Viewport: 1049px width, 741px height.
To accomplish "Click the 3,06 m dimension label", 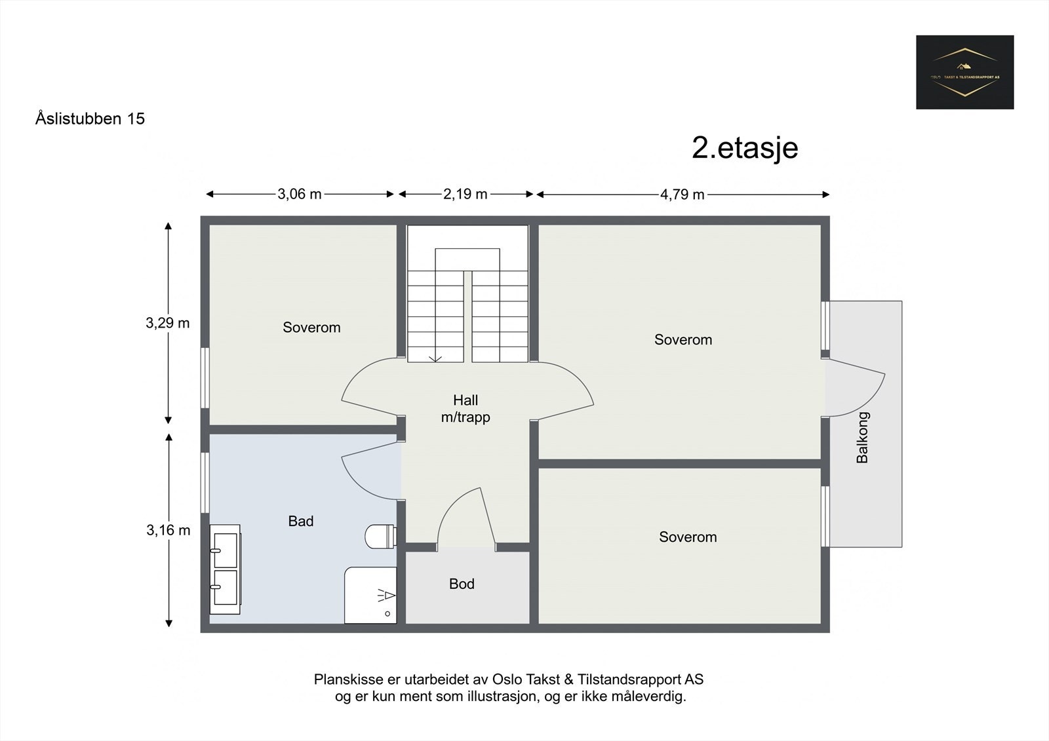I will click(300, 194).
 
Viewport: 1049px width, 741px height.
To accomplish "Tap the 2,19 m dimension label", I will click(465, 194).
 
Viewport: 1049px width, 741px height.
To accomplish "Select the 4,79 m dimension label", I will click(683, 194).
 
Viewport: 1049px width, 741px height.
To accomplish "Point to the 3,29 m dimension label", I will click(168, 323).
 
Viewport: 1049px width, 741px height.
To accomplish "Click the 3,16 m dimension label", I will click(168, 530).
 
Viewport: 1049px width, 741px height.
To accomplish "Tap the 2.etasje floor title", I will click(745, 147).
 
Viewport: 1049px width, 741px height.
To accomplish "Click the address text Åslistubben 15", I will click(90, 119).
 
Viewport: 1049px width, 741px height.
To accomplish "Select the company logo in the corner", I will click(964, 72).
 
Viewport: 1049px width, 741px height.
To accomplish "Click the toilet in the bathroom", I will click(380, 536).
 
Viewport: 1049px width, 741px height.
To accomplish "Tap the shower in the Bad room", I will click(371, 595).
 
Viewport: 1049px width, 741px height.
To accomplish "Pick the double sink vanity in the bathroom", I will click(225, 569).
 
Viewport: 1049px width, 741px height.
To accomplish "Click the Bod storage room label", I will click(462, 584).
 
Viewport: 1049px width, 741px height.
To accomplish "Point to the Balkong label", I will click(863, 437).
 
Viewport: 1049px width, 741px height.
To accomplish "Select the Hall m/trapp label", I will click(465, 408).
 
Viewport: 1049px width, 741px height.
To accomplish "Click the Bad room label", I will click(301, 521).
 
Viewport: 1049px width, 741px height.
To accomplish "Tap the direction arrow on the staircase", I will click(435, 358).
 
